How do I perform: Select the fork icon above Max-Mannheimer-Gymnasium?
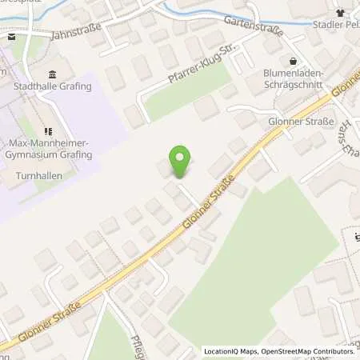(x=49, y=131)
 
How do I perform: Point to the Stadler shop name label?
(x=337, y=26)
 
